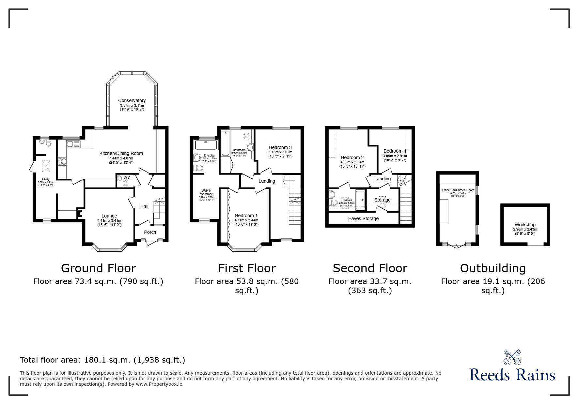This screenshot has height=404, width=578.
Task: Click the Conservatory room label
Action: pyautogui.click(x=132, y=100)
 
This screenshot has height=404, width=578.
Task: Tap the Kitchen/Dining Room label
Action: pyautogui.click(x=121, y=153)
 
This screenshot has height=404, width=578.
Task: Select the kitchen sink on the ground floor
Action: pyautogui.click(x=73, y=144)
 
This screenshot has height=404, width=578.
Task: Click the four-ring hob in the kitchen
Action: pyautogui.click(x=62, y=161)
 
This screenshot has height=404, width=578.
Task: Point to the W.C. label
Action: pyautogui.click(x=127, y=178)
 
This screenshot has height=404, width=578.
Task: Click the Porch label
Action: pyautogui.click(x=150, y=232)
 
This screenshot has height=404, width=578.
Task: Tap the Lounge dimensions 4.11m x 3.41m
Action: pyautogui.click(x=109, y=221)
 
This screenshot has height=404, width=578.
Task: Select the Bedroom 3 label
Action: pyautogui.click(x=280, y=147)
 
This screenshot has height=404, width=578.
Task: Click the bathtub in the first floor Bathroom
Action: pyautogui.click(x=225, y=143)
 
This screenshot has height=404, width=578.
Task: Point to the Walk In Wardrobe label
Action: pyautogui.click(x=206, y=192)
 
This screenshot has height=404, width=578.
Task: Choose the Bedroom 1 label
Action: pyautogui.click(x=246, y=216)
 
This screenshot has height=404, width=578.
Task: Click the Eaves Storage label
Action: pyautogui.click(x=363, y=218)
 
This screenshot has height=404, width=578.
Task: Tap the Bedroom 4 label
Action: pyautogui.click(x=395, y=151)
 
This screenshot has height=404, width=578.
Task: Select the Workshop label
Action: pyautogui.click(x=525, y=225)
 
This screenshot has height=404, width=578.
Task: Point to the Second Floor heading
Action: pyautogui.click(x=370, y=268)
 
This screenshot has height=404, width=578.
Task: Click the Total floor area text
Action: pyautogui.click(x=102, y=360)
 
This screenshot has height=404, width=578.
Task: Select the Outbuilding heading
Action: pyautogui.click(x=493, y=268)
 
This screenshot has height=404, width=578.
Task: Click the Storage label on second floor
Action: pyautogui.click(x=383, y=200)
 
